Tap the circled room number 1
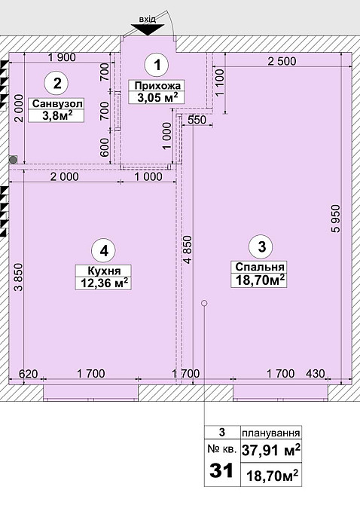point(157,65)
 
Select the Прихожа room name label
point(156,86)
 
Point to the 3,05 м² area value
point(156,97)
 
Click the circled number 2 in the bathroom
point(57,84)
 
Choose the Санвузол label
point(56,104)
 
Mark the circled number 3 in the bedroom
point(262,246)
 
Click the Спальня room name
point(259,267)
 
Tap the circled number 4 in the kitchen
point(104,250)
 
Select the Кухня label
point(104,271)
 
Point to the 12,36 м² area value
point(104,283)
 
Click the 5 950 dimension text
point(336,219)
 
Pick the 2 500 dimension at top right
point(282,61)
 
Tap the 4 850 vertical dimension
point(188,250)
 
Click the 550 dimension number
point(197,120)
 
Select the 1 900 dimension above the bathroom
point(62,57)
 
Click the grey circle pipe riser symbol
point(13,159)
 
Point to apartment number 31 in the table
point(221,470)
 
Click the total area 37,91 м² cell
point(271,450)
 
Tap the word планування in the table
point(271,433)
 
